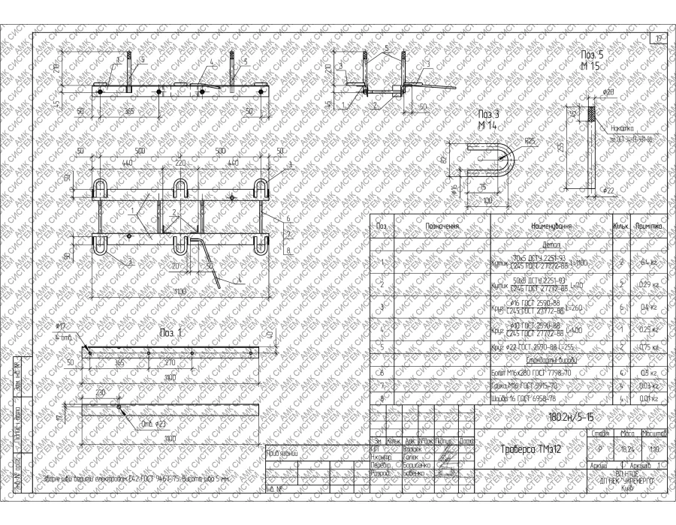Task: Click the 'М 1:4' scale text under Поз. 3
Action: click(x=487, y=123)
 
